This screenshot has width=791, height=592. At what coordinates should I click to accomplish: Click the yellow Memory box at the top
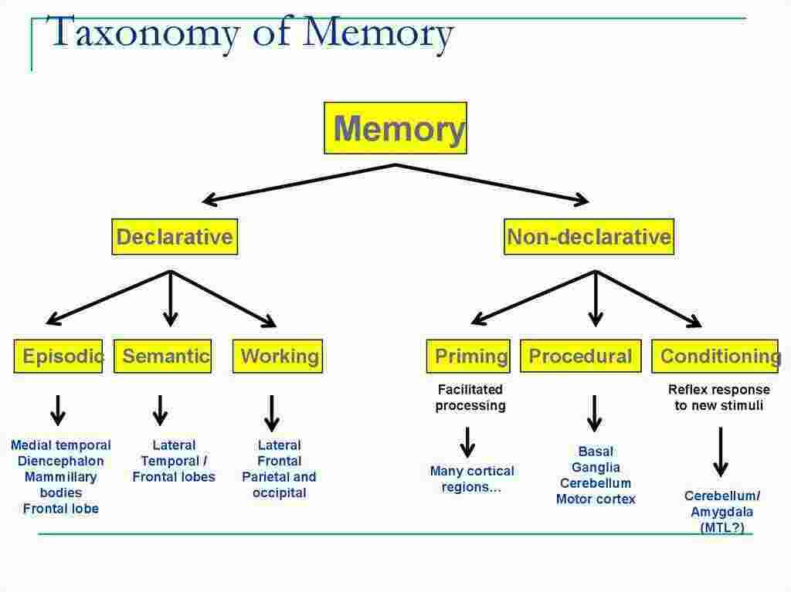tap(395, 128)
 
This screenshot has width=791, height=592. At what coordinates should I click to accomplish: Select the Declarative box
tap(175, 237)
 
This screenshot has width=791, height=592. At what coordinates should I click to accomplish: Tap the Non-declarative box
tap(589, 237)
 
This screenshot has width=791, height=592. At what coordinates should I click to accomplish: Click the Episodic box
tap(59, 356)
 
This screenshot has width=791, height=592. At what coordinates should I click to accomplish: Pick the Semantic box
tap(163, 356)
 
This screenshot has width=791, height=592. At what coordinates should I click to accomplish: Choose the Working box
tap(277, 356)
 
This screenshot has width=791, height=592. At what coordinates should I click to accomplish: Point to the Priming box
tap(468, 356)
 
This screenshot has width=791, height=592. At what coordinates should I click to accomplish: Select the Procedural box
tap(580, 356)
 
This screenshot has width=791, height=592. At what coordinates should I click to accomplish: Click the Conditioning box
tap(715, 356)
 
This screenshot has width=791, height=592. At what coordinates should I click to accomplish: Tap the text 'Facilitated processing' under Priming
tap(470, 397)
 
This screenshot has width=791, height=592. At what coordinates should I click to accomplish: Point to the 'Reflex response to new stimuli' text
tap(718, 397)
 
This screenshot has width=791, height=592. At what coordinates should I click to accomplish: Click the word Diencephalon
tap(60, 461)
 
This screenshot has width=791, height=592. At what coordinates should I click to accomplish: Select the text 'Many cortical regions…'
tap(471, 479)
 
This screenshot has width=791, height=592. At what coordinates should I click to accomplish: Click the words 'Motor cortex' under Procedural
tap(596, 499)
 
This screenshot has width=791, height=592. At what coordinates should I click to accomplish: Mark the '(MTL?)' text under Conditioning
tap(722, 528)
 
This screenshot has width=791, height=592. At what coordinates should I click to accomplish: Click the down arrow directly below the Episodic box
tap(58, 411)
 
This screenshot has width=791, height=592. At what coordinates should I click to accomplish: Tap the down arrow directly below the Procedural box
tap(594, 414)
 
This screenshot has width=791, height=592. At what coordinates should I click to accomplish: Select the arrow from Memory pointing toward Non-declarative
tap(494, 184)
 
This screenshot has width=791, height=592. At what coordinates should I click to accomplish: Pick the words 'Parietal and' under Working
tap(279, 477)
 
